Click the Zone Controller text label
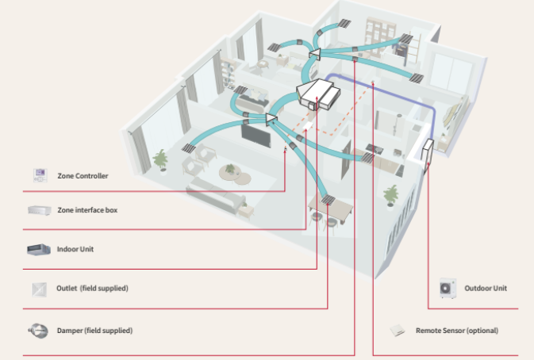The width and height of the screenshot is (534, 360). point(83,175)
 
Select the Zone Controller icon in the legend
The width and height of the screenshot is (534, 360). point(40,174)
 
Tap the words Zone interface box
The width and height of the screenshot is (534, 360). point(87,211)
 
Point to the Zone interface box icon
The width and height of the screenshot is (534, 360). point(40,211)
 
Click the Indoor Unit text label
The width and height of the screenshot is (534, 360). point(75,250)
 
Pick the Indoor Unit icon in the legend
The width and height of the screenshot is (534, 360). point(40,250)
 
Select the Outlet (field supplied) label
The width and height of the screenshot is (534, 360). point(92,289)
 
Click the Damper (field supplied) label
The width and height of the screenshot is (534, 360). point(94,330)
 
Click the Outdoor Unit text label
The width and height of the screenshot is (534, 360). point(486,289)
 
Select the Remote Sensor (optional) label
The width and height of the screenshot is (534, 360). point(457,330)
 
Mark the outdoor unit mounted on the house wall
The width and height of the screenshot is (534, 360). point(429,154)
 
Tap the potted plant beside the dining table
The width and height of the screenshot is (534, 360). point(390,194)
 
